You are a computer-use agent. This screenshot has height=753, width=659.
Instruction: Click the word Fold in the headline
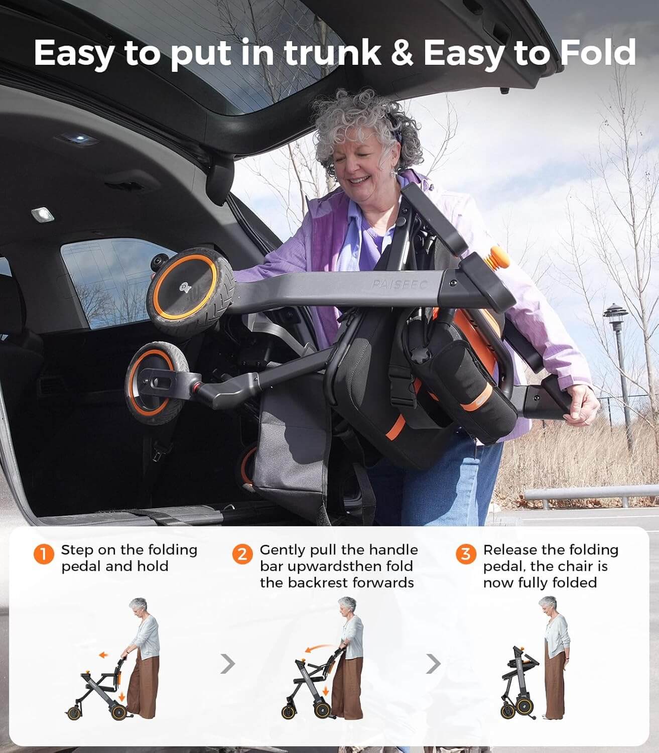click(597, 53)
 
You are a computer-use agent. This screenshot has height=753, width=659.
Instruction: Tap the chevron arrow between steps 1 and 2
click(228, 664)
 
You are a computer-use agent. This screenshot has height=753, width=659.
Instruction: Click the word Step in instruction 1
click(77, 550)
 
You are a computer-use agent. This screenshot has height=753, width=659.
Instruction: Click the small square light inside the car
click(42, 215)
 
